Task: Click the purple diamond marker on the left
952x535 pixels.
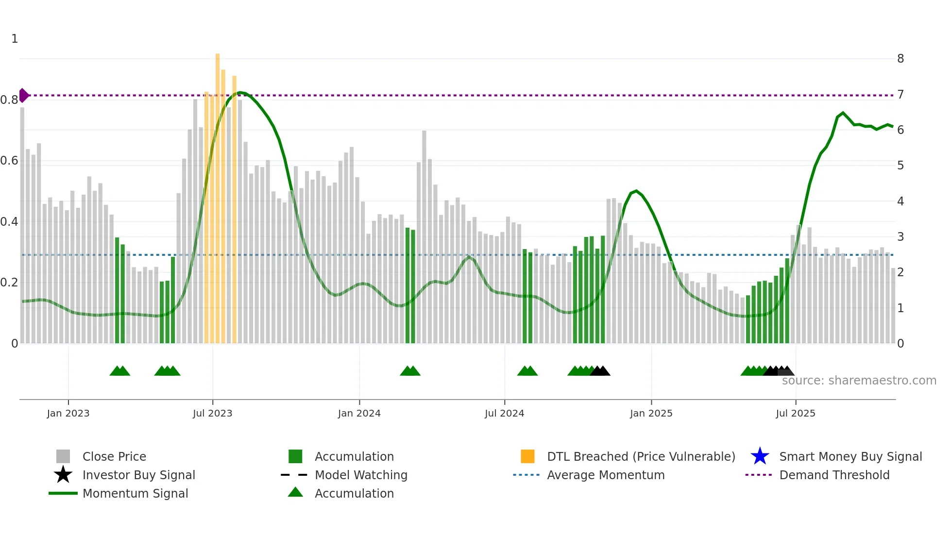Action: pos(23,95)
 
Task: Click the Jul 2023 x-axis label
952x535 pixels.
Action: pos(212,414)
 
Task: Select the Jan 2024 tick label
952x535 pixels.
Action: pos(359,414)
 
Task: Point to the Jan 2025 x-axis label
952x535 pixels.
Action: pos(651,414)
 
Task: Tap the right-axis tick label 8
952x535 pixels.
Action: pos(901,59)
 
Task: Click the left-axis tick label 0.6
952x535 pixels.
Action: pos(9,161)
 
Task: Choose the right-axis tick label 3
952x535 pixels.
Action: pos(901,237)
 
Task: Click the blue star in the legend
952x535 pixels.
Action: pos(760,456)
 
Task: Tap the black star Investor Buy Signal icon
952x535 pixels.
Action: pos(63,475)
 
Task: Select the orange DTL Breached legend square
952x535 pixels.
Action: pos(527,456)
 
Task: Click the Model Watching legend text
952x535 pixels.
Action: pos(361,475)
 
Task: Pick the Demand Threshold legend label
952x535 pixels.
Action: pos(834,475)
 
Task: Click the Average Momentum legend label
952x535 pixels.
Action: pos(606,475)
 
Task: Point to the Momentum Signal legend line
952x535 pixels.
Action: pos(63,493)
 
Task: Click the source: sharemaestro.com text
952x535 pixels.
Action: pos(859,381)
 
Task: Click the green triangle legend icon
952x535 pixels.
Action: pos(295,492)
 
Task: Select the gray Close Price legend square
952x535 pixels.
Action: pos(63,456)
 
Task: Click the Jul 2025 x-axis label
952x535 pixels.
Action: pos(795,414)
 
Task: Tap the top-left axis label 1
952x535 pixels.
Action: pos(15,39)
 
